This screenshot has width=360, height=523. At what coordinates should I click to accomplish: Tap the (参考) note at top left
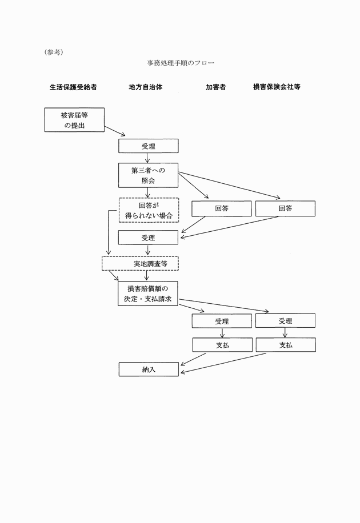point(53,52)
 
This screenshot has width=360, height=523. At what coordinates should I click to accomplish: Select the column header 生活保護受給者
point(73,87)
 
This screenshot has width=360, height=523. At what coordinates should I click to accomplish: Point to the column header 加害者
point(215,87)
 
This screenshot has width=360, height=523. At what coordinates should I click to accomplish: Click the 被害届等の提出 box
point(74,120)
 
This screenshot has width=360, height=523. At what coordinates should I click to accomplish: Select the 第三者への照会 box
point(149,175)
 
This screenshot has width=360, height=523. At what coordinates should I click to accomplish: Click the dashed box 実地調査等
point(140,263)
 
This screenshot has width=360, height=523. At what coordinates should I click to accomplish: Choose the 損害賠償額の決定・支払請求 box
point(149,293)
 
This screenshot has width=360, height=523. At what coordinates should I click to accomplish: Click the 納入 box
point(149,369)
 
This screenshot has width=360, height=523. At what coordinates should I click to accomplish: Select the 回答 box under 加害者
point(222,208)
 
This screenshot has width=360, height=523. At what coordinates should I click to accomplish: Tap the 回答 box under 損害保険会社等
point(285,208)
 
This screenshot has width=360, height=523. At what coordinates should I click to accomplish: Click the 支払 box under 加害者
point(222,345)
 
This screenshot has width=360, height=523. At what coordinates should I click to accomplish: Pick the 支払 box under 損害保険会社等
point(285,345)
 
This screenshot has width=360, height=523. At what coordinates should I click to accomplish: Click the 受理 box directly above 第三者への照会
point(149,147)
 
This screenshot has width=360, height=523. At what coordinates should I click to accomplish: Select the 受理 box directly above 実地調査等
point(149,236)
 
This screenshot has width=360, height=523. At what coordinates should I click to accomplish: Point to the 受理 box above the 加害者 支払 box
point(222,321)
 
